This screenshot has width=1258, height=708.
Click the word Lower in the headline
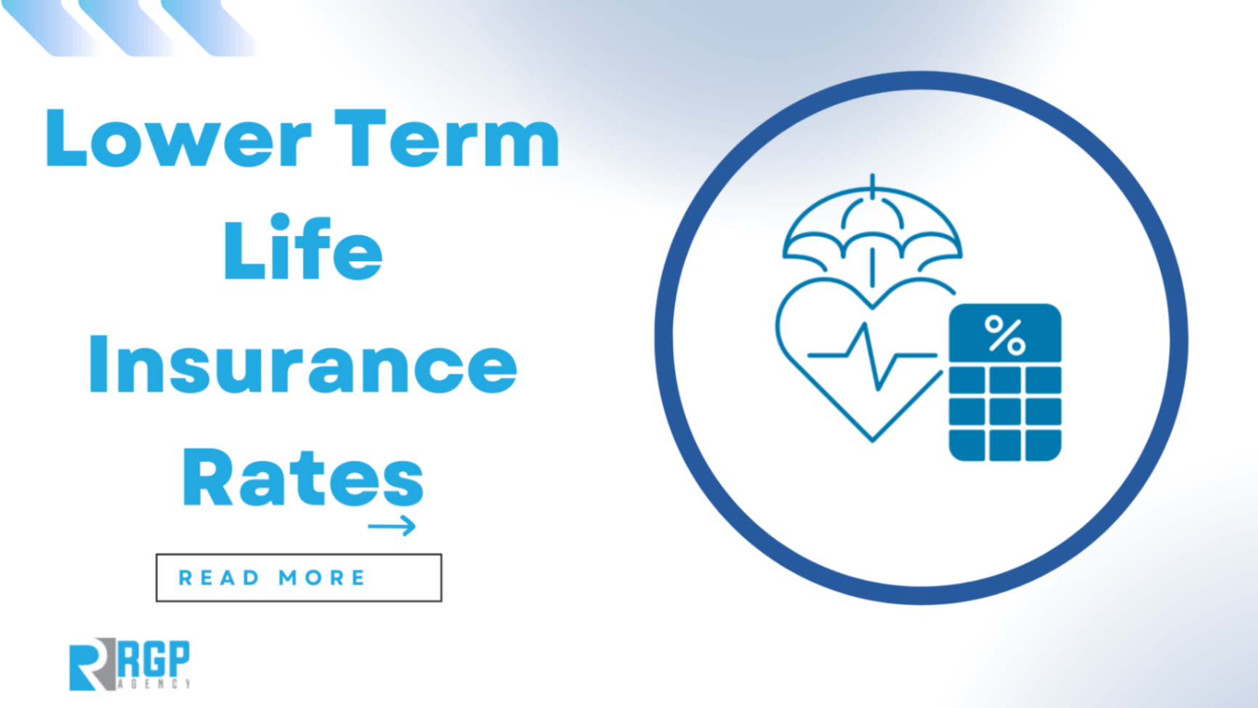coord(178,138)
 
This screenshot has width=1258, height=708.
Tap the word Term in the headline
coord(451,138)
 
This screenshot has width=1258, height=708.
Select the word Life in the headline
coord(302,249)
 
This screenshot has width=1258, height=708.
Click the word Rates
coord(302,478)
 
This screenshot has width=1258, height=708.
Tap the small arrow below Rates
coord(392,526)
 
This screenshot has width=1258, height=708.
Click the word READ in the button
coord(219,578)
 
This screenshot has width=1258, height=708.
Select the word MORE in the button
coord(322,578)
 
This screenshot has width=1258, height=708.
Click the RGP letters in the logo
coord(154,658)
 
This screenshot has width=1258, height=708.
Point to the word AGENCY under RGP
coord(154,684)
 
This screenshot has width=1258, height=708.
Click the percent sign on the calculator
coord(1005,335)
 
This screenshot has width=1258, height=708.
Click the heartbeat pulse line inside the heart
coord(872,356)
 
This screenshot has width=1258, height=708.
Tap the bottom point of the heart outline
coord(872,439)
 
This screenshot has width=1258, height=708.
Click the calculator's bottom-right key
coord(1043,445)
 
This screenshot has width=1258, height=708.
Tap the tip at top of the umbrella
coord(872,178)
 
